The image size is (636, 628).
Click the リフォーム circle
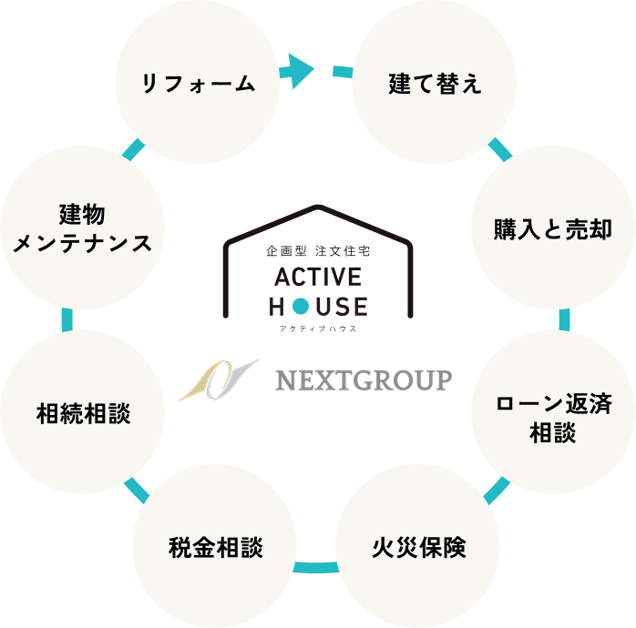tap(196, 84)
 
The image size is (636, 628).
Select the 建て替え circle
tap(434, 85)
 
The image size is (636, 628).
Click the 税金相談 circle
tap(215, 548)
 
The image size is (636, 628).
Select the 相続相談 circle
tap(83, 413)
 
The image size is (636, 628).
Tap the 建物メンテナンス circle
tap(83, 228)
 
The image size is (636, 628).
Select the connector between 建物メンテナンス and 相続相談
tap(66, 319)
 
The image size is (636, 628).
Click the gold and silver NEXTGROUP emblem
tap(218, 380)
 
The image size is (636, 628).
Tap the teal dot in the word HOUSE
tap(300, 306)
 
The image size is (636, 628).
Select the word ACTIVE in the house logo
tap(317, 276)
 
